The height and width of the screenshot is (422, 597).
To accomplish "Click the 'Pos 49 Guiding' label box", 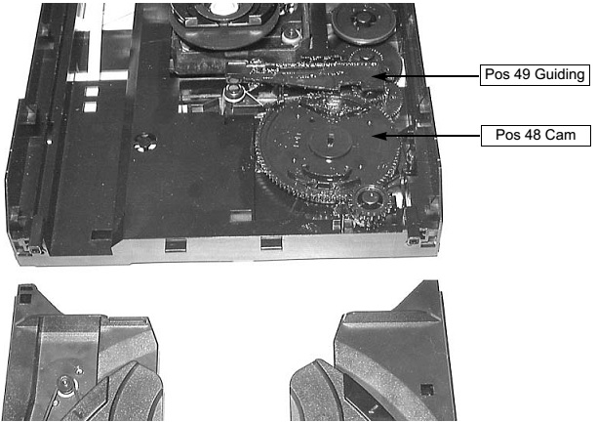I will pos(536,74).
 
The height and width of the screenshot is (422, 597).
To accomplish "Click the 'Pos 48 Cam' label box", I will pos(536,135).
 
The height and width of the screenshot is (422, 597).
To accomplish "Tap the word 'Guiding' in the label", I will pos(561,74).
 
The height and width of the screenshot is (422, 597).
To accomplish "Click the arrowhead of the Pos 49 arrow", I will pos(388,75).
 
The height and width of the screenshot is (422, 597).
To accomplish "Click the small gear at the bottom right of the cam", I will pos(371,202).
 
